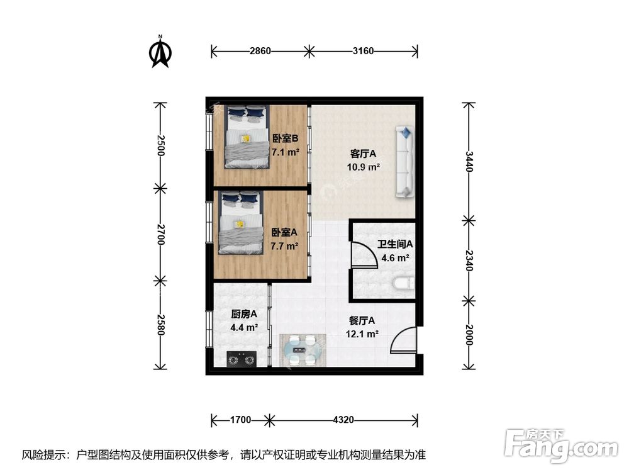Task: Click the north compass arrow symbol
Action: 161,53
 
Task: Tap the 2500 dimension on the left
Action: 161,145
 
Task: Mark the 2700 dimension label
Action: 161,233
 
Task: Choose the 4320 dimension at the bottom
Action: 344,419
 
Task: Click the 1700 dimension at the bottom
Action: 240,419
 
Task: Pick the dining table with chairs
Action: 303,349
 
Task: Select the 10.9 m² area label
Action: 363,167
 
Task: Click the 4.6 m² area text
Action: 394,258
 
